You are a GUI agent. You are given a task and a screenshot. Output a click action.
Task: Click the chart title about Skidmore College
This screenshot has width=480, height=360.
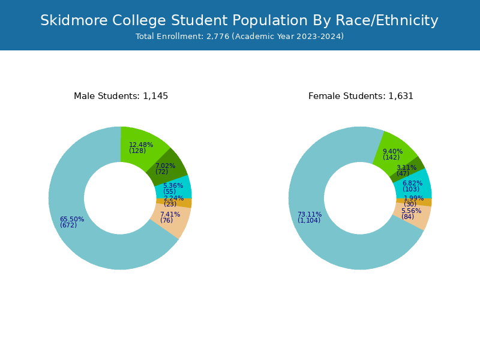coord(239,20)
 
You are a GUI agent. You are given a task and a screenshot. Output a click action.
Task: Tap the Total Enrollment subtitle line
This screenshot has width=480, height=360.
coord(239,37)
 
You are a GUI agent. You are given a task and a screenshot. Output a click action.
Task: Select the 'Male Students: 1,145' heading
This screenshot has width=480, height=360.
coord(121,96)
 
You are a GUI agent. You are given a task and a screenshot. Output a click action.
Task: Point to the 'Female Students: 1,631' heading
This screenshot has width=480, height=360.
coord(361,96)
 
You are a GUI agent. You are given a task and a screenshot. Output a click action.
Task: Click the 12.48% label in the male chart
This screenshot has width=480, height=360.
coord(141,145)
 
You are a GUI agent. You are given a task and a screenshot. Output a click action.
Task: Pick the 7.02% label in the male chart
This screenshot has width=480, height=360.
coord(165,166)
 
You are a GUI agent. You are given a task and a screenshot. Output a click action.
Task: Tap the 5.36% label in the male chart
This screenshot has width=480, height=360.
coord(173,186)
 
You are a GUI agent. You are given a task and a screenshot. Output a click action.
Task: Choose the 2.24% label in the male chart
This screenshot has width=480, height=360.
coord(173,199)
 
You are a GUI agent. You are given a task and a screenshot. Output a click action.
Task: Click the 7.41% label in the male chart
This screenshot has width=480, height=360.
coord(170,214)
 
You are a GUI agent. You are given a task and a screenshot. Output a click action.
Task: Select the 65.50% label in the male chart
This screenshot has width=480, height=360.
coord(72,220)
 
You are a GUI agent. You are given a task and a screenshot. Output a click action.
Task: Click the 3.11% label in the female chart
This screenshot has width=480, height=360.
coord(406,168)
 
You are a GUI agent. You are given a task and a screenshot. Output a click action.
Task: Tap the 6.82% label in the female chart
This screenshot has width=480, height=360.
coord(412,184)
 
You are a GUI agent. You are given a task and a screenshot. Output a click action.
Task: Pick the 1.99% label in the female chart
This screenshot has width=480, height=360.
coord(413,199)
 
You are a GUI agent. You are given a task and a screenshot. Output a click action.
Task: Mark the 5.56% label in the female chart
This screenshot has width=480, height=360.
coord(411,211)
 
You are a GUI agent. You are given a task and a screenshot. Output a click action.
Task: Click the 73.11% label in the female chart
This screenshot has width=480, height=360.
coord(310,215)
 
